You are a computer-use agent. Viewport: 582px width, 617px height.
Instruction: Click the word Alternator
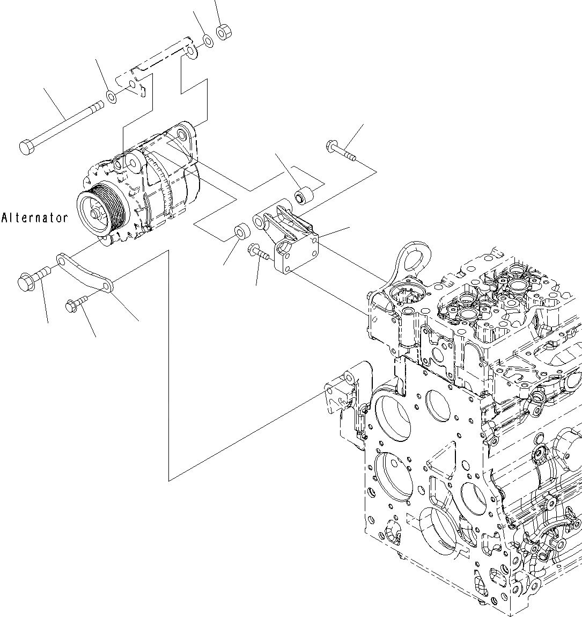click(35, 218)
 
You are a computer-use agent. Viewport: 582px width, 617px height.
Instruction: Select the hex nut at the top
click(223, 33)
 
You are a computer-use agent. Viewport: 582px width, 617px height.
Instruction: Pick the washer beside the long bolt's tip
click(112, 97)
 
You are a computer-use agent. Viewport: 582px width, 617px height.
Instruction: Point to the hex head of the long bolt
click(26, 147)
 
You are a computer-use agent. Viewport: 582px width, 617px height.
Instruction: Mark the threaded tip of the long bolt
click(97, 106)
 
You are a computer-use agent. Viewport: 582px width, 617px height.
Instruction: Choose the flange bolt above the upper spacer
click(338, 149)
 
